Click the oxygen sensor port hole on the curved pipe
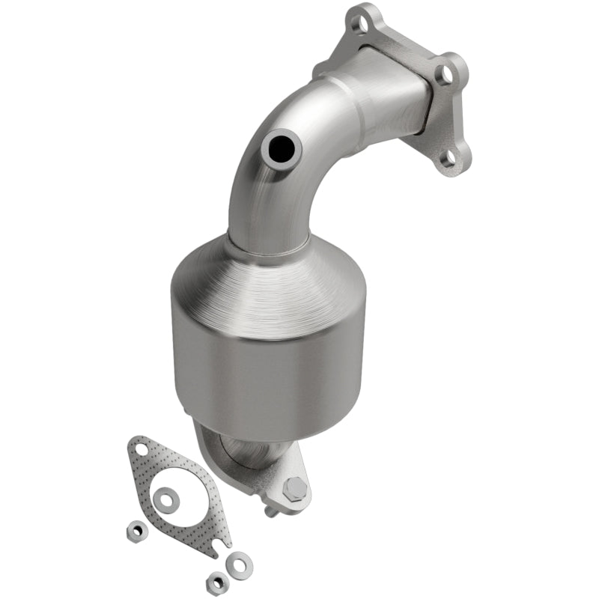point(284,146)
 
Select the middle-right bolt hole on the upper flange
point(446,73)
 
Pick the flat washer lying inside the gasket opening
point(165,498)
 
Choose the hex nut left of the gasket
point(136,531)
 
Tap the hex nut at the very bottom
point(217,580)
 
